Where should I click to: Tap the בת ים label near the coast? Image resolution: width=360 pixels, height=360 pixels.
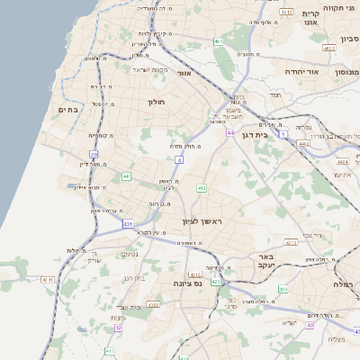68,110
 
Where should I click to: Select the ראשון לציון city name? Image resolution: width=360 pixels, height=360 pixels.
202,220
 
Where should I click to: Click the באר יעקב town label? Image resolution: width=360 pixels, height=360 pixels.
265,261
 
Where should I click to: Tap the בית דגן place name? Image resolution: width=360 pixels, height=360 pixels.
256,132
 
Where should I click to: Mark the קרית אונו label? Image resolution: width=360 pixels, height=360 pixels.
310,19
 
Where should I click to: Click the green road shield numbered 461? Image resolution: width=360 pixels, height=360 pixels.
218,41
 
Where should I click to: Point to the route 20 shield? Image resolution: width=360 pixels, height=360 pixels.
94,155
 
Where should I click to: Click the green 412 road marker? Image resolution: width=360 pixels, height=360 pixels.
202,188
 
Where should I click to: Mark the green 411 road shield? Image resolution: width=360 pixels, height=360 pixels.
109,351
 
